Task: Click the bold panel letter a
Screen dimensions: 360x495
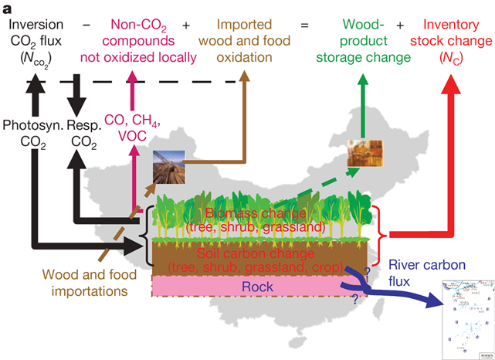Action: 8,8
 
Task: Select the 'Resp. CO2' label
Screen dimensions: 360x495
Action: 82,132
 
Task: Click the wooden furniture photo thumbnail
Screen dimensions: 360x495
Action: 364,154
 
